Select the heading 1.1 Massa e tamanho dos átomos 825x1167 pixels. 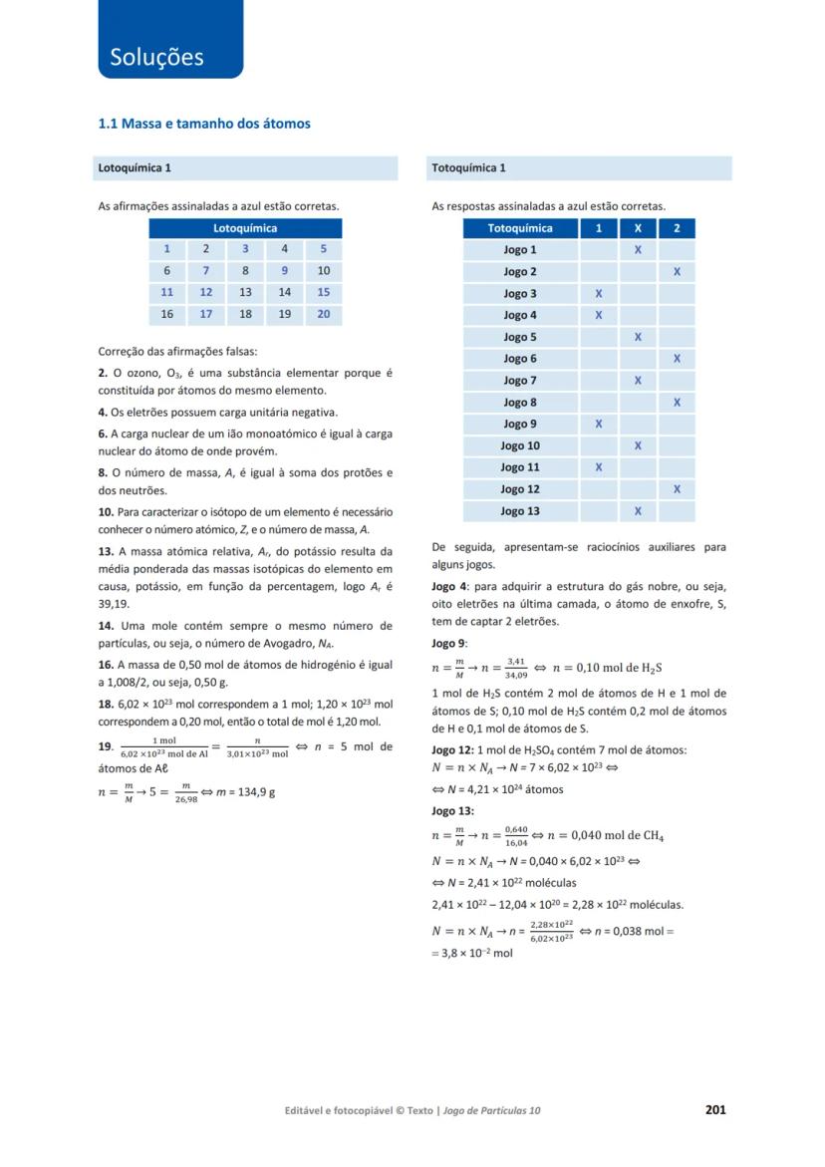(x=203, y=124)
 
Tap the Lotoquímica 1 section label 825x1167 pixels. (x=135, y=167)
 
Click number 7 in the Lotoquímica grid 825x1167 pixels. (x=206, y=271)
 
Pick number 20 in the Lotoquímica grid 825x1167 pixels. (x=323, y=314)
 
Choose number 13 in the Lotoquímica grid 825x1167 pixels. (x=245, y=293)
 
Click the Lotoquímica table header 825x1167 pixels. (x=245, y=228)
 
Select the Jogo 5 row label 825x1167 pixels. (x=520, y=337)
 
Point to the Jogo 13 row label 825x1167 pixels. (x=520, y=511)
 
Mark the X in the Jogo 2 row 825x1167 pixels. (x=677, y=271)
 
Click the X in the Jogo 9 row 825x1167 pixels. (x=599, y=424)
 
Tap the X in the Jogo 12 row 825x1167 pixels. (x=677, y=489)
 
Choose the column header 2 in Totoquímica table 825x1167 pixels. (x=677, y=228)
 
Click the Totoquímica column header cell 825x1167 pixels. (x=520, y=228)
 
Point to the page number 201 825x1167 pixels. (x=714, y=1109)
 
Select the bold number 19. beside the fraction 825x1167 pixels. (x=106, y=746)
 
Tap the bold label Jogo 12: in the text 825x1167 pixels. (x=453, y=749)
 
